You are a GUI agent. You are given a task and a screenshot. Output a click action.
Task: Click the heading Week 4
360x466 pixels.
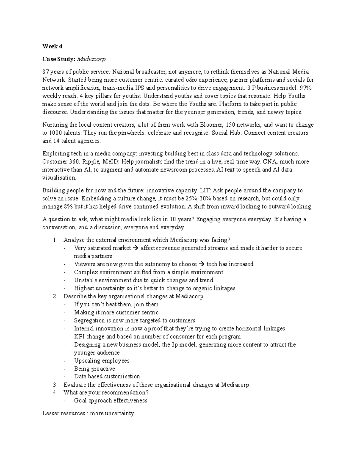(x=52, y=47)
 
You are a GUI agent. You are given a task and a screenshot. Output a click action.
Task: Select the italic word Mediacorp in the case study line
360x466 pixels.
(x=91, y=59)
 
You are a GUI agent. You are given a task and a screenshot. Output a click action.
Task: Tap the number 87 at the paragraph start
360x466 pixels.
(x=45, y=72)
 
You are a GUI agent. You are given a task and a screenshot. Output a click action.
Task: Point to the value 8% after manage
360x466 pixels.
(x=71, y=207)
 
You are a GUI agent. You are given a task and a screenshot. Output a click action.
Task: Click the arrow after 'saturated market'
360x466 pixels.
(x=136, y=248)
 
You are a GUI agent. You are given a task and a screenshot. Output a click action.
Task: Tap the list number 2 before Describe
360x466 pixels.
(x=55, y=296)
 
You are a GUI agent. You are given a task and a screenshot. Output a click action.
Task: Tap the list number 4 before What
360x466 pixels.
(x=55, y=392)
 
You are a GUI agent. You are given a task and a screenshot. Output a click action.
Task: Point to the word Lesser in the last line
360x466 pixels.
(x=51, y=413)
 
